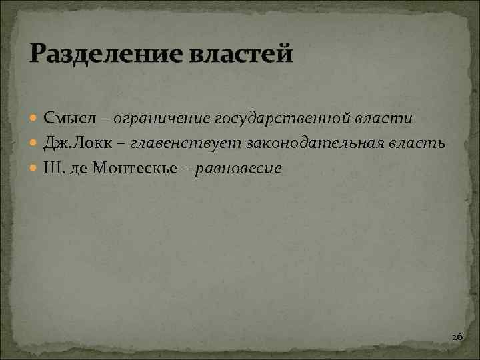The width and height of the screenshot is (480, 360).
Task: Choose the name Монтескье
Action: pyautogui.click(x=135, y=168)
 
